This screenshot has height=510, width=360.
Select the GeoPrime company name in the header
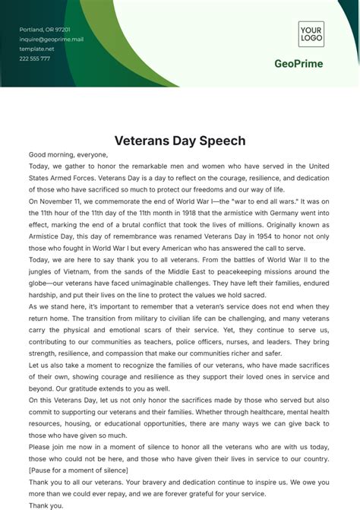click(298, 64)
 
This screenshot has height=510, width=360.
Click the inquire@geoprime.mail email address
click(51, 39)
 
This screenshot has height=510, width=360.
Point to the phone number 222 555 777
click(35, 59)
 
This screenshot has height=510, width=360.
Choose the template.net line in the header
click(36, 49)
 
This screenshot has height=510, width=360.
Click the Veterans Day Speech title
click(180, 141)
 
